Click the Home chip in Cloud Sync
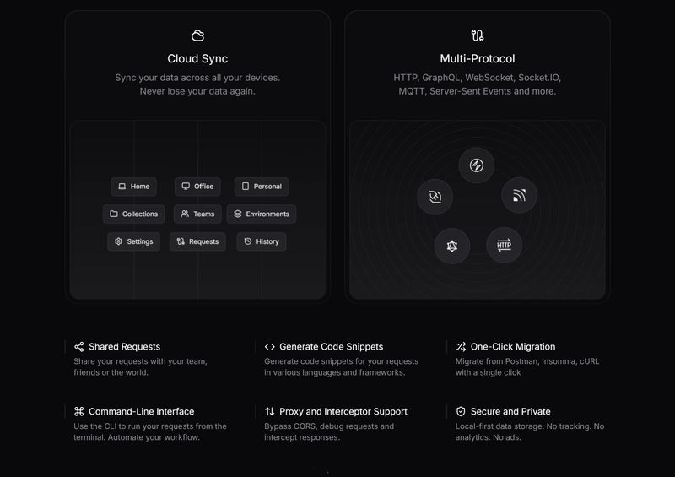(134, 187)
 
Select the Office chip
(198, 187)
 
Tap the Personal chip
(262, 187)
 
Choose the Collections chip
(133, 214)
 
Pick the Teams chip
(198, 214)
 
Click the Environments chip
(262, 214)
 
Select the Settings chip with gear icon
(133, 241)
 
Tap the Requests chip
(197, 241)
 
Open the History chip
(262, 241)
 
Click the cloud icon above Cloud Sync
(197, 35)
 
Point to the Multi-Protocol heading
(477, 59)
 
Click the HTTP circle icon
(504, 246)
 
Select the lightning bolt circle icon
(477, 165)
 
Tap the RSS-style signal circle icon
(519, 196)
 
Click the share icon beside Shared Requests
(79, 347)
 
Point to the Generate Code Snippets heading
(331, 347)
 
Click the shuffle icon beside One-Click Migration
(461, 347)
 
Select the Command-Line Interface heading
(141, 412)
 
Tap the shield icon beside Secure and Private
(461, 412)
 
